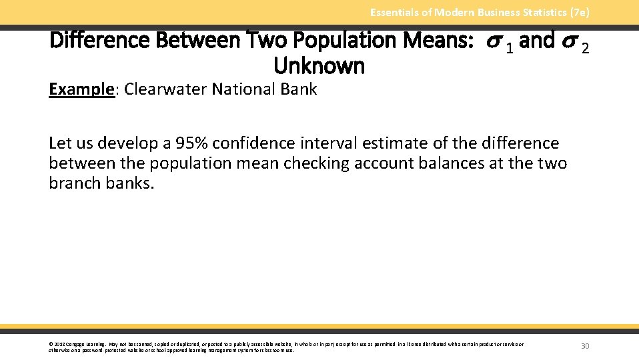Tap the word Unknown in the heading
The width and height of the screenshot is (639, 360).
point(319,66)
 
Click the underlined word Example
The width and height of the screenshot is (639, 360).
point(81,89)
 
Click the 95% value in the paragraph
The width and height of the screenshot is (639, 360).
point(193,143)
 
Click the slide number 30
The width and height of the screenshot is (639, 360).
point(585,346)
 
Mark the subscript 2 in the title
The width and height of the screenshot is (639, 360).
point(585,47)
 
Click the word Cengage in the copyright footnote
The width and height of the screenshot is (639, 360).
point(76,344)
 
